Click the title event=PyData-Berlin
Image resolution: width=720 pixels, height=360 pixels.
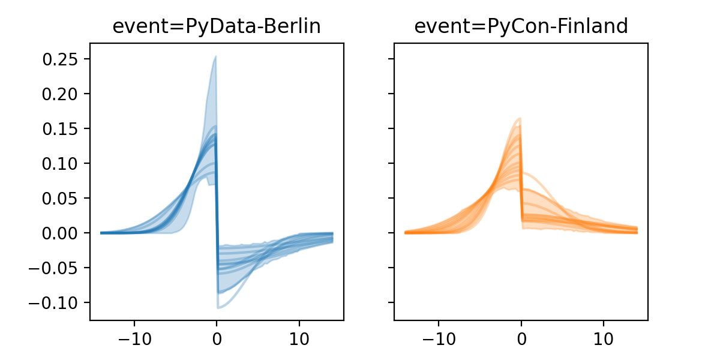coord(217,26)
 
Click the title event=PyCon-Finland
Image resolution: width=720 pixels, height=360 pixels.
coord(521,26)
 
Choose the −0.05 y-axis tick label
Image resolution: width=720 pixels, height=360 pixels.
coord(57,268)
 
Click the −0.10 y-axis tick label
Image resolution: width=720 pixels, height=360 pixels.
coord(57,302)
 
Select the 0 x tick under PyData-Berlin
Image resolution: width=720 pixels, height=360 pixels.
coord(217,338)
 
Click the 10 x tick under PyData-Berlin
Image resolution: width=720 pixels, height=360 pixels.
coord(299,338)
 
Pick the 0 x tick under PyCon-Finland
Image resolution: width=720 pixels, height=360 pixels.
coord(521,338)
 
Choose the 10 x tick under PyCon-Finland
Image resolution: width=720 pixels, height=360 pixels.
coord(604,338)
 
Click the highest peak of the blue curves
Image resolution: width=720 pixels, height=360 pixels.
coord(215,57)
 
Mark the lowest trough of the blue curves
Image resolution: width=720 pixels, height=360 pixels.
coord(218,308)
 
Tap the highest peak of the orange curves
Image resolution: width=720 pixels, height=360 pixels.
coord(520,118)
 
